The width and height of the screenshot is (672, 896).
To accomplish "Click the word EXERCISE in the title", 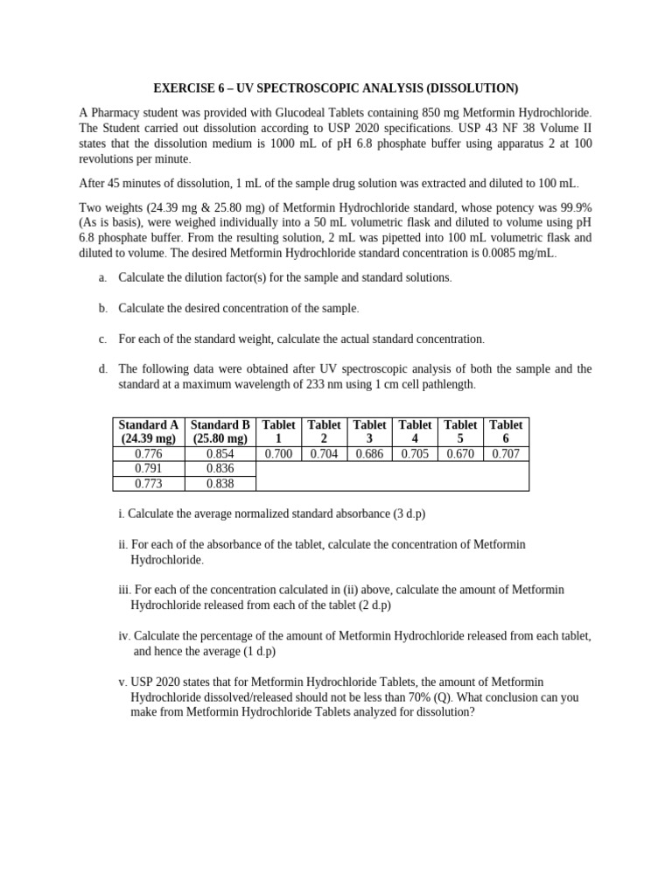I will point(180,88).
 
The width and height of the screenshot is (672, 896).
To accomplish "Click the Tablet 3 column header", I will point(369,431).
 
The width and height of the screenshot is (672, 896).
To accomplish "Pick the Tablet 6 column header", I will point(506,431).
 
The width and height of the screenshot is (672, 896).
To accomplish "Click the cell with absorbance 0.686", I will point(369,454).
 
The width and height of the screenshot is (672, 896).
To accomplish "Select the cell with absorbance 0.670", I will point(460,454).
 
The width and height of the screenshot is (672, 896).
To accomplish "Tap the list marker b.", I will point(102,308).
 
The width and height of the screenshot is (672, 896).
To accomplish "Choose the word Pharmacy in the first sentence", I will point(115,113).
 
